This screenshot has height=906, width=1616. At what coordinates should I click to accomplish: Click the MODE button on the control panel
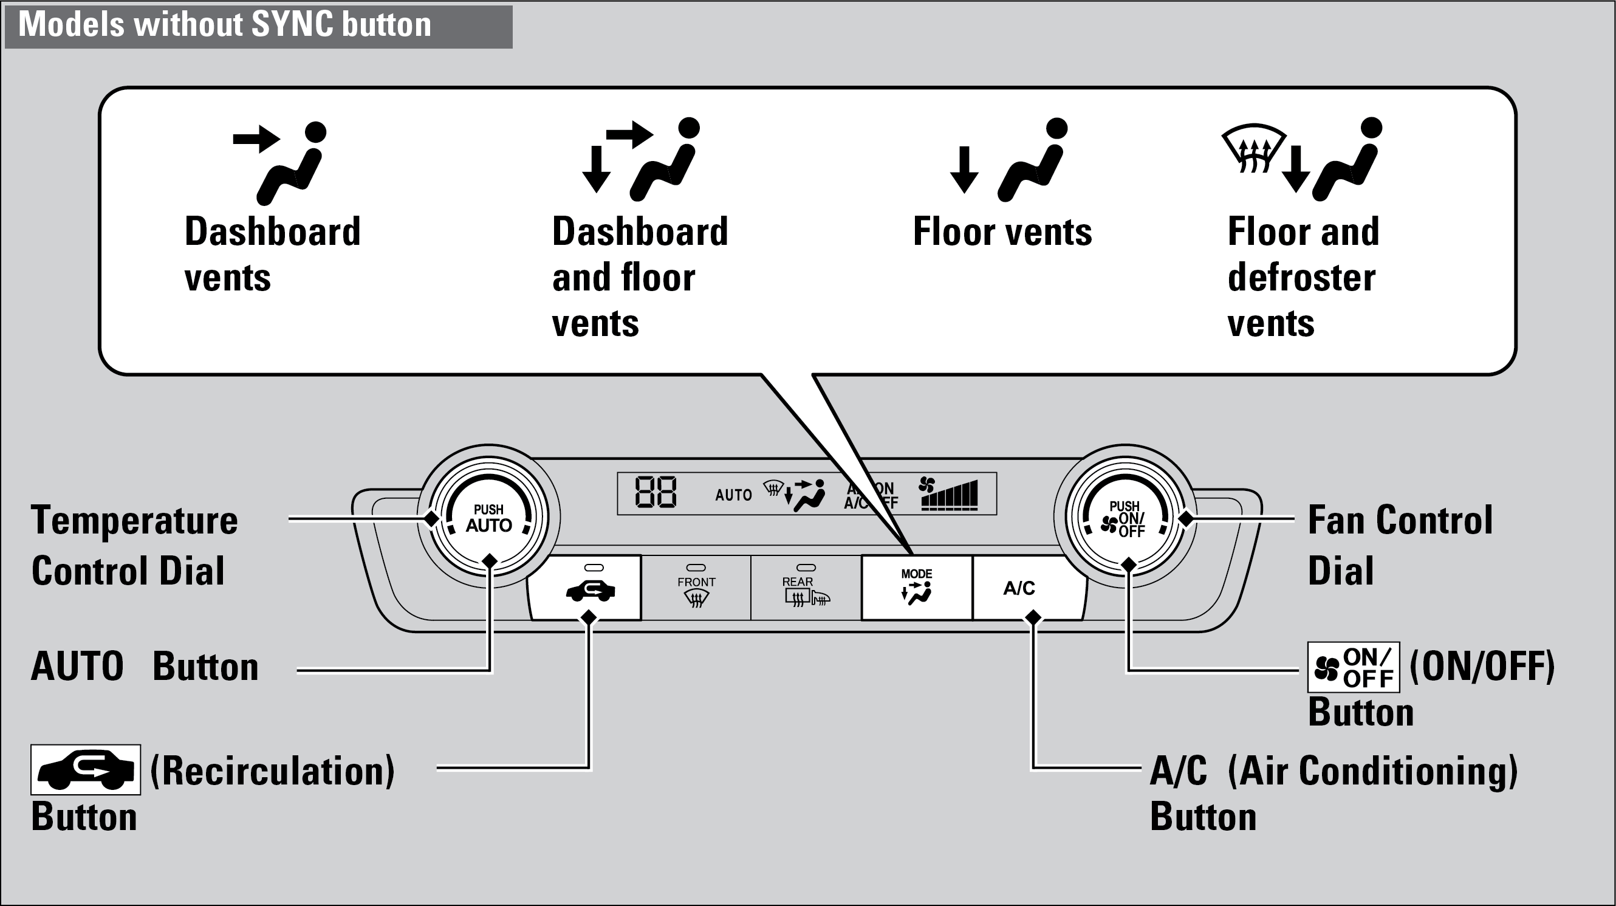917,588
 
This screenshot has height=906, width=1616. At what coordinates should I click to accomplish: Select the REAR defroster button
806,588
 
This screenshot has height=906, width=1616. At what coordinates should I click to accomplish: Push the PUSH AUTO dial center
488,518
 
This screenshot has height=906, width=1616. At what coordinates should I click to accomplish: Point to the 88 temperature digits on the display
655,493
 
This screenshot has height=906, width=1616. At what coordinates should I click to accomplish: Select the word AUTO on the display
733,495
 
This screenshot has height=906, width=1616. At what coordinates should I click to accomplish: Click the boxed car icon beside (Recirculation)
85,770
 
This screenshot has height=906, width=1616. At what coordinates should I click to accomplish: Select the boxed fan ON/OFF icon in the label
1353,668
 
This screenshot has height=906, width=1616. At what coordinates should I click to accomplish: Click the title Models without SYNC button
225,25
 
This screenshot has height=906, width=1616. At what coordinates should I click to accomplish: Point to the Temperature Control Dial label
134,544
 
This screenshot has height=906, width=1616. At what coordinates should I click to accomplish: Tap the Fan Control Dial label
1400,544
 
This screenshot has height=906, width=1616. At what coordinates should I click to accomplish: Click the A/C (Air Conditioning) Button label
1333,793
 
